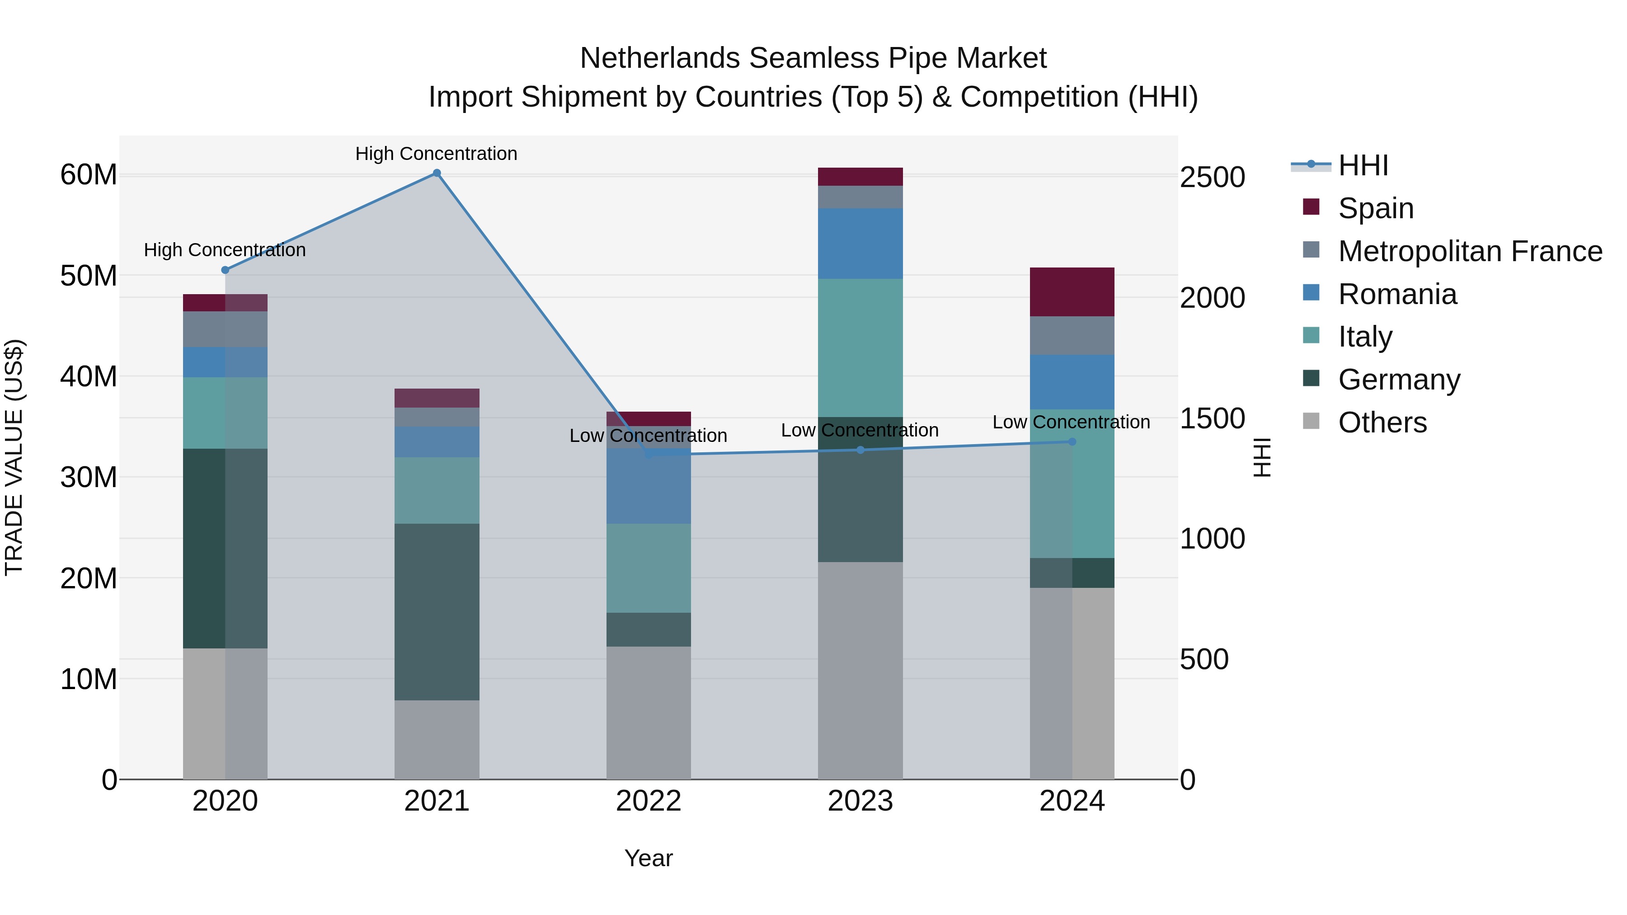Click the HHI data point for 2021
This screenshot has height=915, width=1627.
[437, 173]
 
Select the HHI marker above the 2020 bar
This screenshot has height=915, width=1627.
[225, 270]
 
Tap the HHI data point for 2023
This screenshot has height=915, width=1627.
[860, 450]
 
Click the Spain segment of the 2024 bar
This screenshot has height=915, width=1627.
[1072, 292]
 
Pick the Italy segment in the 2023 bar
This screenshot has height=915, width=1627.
[860, 347]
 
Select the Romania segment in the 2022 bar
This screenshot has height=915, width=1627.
[649, 486]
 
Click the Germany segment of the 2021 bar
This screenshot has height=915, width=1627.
[437, 611]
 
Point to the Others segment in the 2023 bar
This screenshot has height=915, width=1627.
[860, 669]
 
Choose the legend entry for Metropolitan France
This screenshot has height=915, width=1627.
[1470, 251]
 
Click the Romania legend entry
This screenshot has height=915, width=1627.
[1397, 294]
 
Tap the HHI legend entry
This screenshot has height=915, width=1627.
[1363, 165]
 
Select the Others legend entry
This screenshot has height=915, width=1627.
[1382, 422]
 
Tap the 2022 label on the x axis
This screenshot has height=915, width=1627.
[649, 801]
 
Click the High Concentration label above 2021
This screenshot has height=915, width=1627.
[437, 154]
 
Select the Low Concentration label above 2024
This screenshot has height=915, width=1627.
[1071, 422]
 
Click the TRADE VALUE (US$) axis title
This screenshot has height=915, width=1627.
[14, 457]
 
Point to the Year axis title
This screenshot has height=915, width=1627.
[649, 858]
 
